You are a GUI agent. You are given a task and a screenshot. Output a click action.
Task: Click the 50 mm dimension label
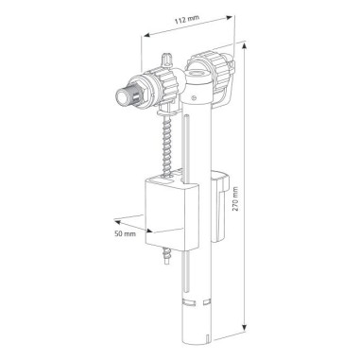pyautogui.click(x=123, y=231)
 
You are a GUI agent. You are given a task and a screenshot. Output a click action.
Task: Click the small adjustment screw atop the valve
pyautogui.click(x=167, y=60)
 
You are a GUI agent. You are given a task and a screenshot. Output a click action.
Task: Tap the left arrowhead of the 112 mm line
pyautogui.click(x=143, y=33)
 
